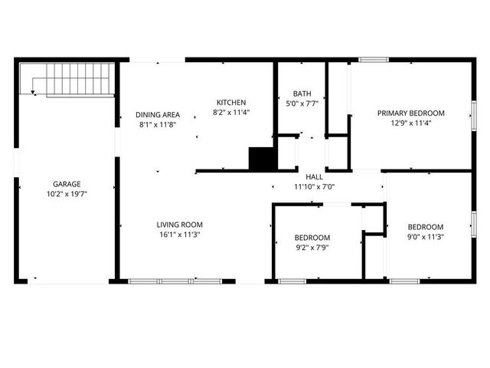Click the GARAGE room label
tap(67, 184)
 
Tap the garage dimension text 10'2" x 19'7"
tap(67, 194)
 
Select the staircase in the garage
tap(72, 79)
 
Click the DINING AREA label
tap(158, 113)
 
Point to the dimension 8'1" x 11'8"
tap(158, 123)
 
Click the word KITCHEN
tap(231, 102)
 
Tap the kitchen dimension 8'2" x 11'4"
tap(231, 112)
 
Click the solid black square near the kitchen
tap(261, 159)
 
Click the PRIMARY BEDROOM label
tap(410, 113)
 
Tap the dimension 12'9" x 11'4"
tap(410, 123)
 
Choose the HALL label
tap(314, 176)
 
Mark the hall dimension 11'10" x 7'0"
tap(314, 186)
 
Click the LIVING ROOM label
tap(180, 225)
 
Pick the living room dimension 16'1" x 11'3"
tap(180, 235)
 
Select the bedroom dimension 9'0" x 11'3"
tap(426, 237)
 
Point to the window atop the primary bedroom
tap(374, 59)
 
